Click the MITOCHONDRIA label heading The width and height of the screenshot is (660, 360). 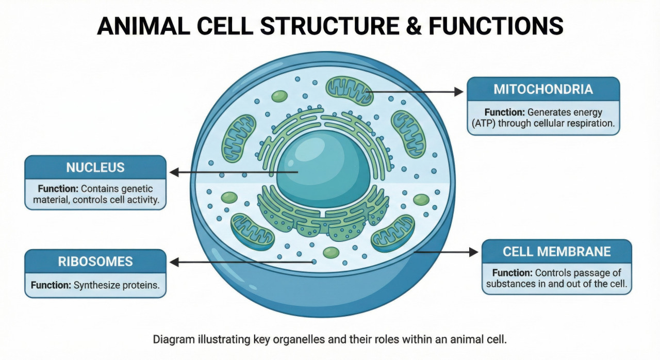(x=543, y=89)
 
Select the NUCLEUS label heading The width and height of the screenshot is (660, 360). (x=95, y=168)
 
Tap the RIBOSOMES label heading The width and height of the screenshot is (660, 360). (x=95, y=261)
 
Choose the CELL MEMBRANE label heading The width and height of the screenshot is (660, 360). (x=557, y=252)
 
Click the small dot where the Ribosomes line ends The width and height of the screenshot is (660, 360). (x=314, y=262)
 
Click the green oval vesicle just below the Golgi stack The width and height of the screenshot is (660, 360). (x=331, y=252)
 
